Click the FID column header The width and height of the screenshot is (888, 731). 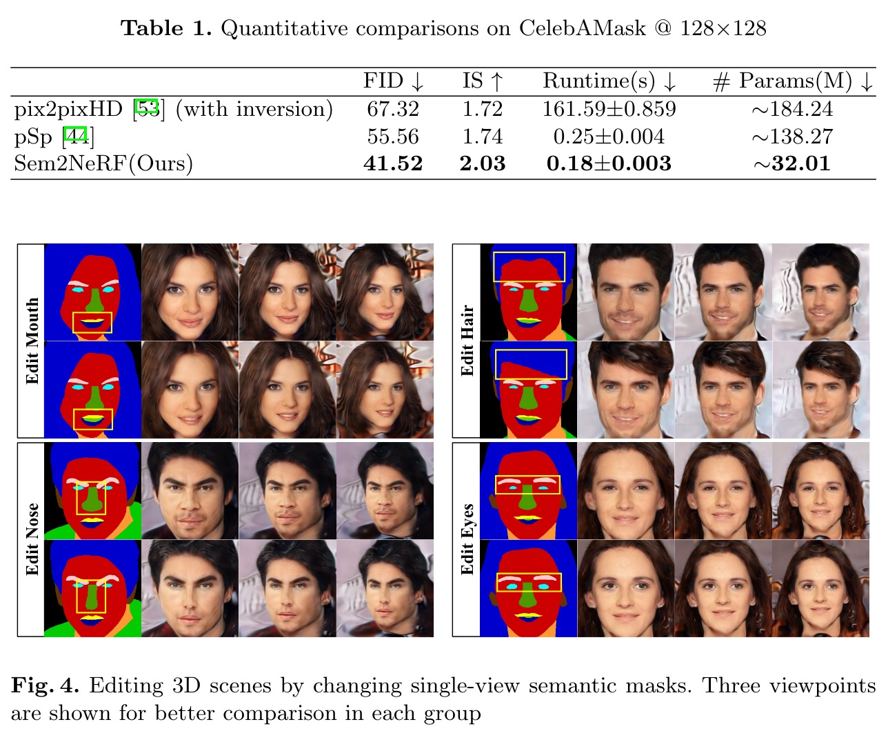pyautogui.click(x=393, y=81)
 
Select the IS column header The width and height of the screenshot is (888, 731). pyautogui.click(x=483, y=81)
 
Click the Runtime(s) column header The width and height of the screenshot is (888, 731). pyautogui.click(x=609, y=81)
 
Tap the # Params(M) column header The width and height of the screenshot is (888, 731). pyautogui.click(x=792, y=81)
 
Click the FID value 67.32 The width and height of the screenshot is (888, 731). pyautogui.click(x=393, y=109)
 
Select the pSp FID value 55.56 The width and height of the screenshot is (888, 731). pyautogui.click(x=393, y=137)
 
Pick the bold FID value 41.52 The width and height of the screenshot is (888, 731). pyautogui.click(x=393, y=163)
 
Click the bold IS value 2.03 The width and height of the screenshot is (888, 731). pyautogui.click(x=483, y=163)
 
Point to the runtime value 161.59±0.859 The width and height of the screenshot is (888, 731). pyautogui.click(x=609, y=109)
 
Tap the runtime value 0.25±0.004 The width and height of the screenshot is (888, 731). pyautogui.click(x=609, y=137)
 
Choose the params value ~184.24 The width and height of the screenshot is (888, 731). pyautogui.click(x=792, y=109)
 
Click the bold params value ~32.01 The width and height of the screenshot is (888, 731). pyautogui.click(x=792, y=163)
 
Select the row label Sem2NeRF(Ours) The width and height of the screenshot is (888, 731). pyautogui.click(x=103, y=163)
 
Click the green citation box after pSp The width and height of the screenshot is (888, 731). pyautogui.click(x=76, y=136)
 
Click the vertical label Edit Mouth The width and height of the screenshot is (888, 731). pyautogui.click(x=32, y=341)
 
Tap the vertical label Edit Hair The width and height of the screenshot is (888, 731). pyautogui.click(x=467, y=341)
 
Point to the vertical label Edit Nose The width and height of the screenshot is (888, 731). pyautogui.click(x=32, y=539)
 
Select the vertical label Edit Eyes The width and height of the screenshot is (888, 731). pyautogui.click(x=467, y=539)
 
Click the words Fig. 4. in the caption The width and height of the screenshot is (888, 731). pyautogui.click(x=45, y=685)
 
